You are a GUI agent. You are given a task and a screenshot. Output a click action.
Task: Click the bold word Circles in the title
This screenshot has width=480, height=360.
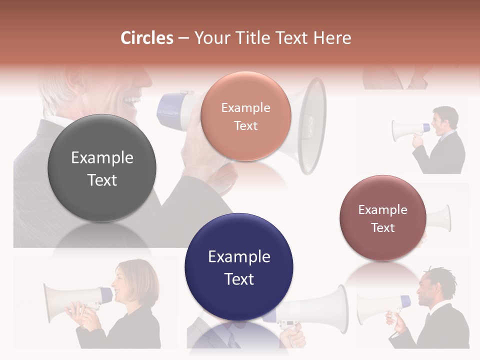pyautogui.click(x=147, y=38)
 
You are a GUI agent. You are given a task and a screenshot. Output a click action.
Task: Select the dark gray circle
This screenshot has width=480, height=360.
pyautogui.click(x=102, y=168)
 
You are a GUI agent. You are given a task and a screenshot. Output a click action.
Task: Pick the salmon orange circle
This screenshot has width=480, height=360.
pyautogui.click(x=245, y=116)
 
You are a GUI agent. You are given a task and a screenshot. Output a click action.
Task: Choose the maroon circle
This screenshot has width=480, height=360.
pyautogui.click(x=382, y=218)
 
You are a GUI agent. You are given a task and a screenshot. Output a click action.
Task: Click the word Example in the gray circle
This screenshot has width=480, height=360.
pyautogui.click(x=102, y=158)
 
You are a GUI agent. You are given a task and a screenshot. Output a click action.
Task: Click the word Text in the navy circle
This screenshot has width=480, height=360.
pyautogui.click(x=239, y=279)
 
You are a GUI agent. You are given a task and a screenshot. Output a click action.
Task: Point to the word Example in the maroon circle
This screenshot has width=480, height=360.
pyautogui.click(x=382, y=210)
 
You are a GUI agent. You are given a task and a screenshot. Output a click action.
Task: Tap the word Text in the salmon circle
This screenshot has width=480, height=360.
pyautogui.click(x=245, y=126)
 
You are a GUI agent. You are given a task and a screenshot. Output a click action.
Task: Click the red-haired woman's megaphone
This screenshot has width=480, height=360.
pyautogui.click(x=75, y=302)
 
